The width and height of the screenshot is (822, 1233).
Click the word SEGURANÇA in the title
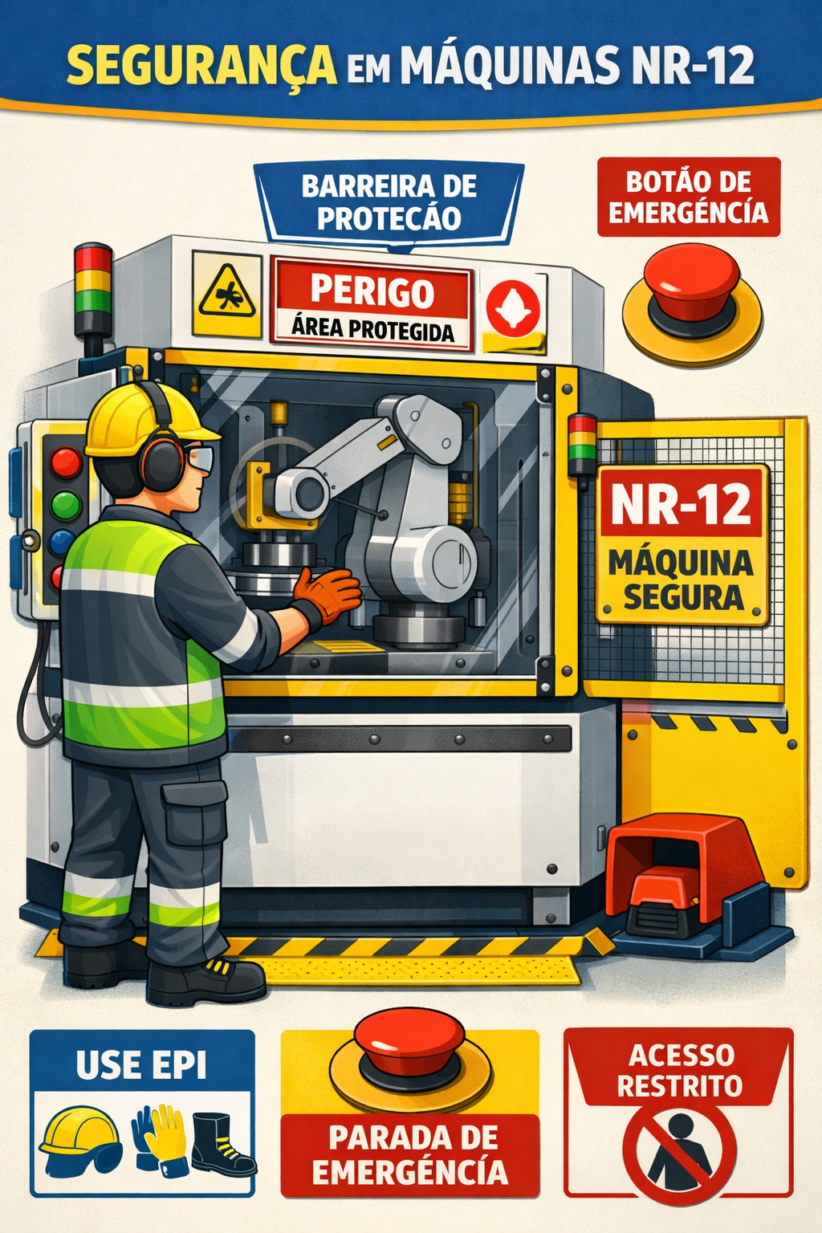[201, 66]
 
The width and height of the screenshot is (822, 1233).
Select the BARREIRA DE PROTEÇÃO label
[389, 202]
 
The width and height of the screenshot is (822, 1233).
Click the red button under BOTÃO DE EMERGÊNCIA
[692, 283]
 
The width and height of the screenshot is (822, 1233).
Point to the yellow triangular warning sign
[227, 294]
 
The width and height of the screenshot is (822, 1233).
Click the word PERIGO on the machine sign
[372, 291]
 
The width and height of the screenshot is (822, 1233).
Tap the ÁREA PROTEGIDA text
[372, 328]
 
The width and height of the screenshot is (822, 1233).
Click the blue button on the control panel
[62, 542]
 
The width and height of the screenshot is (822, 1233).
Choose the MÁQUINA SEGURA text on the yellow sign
[682, 580]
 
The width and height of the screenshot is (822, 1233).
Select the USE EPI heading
[141, 1065]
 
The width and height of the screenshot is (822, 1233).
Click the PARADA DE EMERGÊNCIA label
[409, 1154]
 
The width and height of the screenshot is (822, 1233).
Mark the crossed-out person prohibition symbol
[679, 1154]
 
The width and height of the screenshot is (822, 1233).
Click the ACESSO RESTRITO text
[679, 1070]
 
